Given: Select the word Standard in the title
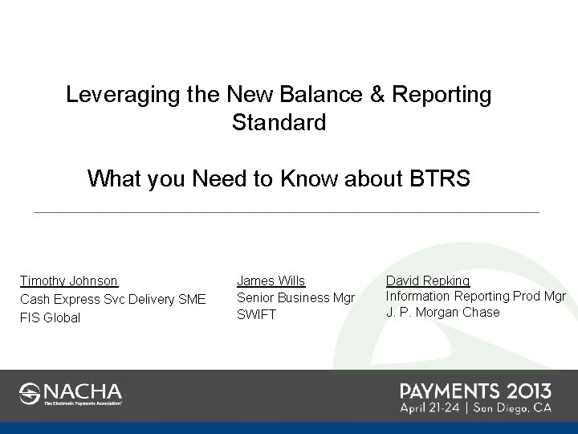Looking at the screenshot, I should point(279,124).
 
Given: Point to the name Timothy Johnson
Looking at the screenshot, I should point(69,281).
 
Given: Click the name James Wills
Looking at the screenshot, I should point(271,280).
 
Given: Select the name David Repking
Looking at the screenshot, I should point(428,280).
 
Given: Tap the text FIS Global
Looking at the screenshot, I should point(50,317).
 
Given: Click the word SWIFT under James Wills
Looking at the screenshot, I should point(256,314).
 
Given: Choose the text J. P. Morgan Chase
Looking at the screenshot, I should point(442,312).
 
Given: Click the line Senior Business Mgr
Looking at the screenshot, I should point(295,297).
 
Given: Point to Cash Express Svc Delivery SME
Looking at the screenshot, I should point(112,299).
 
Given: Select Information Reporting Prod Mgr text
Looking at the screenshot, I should point(476,296).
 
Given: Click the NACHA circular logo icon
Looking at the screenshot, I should point(30,394).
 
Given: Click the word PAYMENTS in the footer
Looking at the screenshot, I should point(450,391).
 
